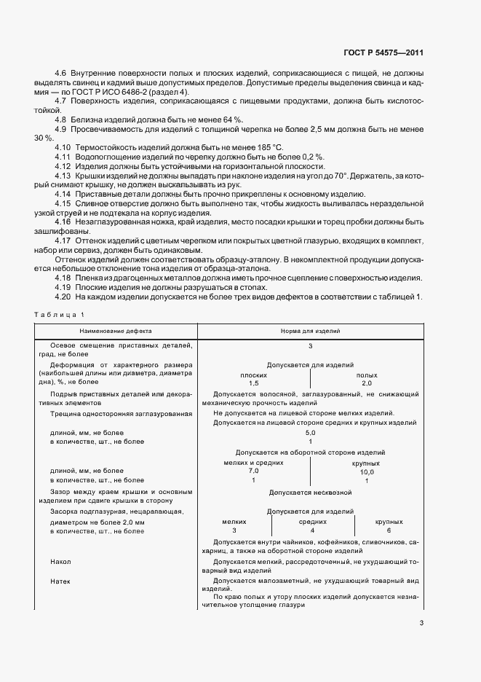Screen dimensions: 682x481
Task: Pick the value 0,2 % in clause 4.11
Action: (x=314, y=157)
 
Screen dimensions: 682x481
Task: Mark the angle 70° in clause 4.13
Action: (x=340, y=176)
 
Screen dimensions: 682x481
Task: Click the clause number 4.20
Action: (x=63, y=297)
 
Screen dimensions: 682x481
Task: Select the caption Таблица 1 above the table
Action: (x=59, y=314)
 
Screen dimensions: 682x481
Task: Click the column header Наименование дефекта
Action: (x=113, y=330)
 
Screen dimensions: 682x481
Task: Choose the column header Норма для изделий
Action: (x=310, y=330)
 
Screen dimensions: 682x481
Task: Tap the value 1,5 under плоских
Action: (x=253, y=383)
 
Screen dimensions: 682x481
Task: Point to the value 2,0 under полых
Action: (x=367, y=383)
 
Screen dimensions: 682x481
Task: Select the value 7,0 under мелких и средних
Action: (x=253, y=471)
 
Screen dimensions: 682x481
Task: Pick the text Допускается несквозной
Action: (x=310, y=493)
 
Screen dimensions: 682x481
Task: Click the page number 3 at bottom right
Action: (x=421, y=623)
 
